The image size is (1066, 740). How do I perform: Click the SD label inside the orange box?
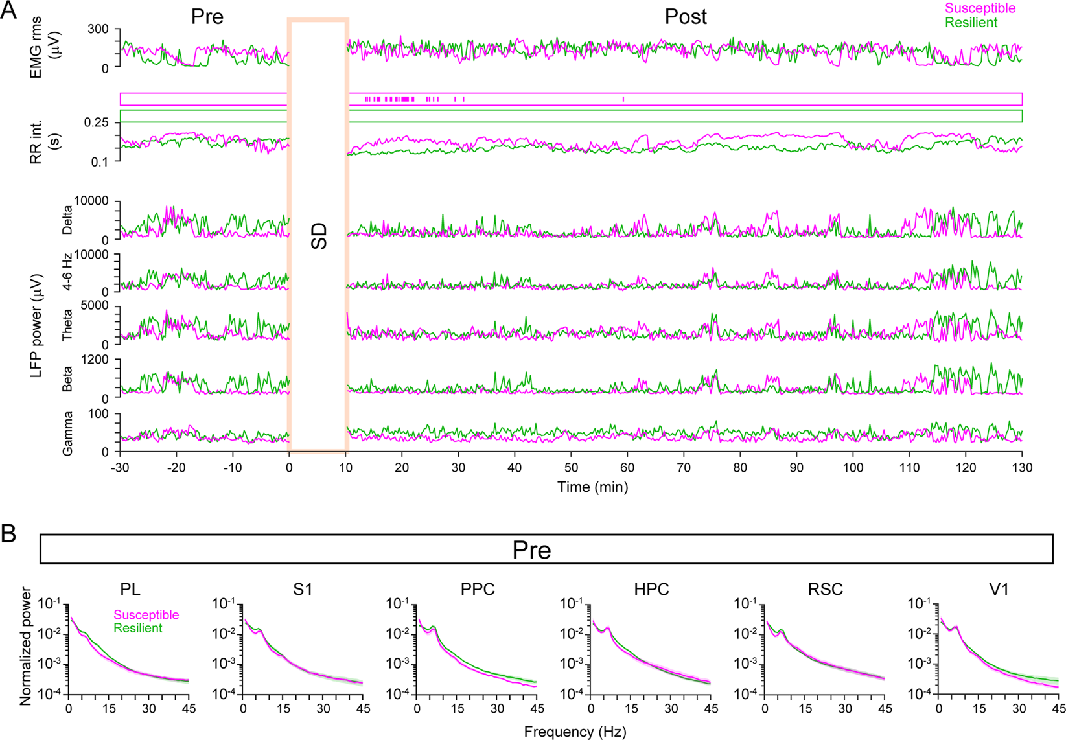click(319, 237)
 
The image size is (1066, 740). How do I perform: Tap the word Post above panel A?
click(686, 17)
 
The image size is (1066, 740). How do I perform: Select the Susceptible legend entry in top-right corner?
click(980, 8)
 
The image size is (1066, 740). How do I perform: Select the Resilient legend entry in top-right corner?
click(971, 23)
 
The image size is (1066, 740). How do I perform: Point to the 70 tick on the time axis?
click(684, 467)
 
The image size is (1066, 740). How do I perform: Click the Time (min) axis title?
click(592, 487)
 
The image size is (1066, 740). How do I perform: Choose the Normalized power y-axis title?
click(25, 646)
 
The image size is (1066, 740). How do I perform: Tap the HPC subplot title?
click(651, 590)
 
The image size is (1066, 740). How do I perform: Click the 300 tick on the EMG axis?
click(99, 30)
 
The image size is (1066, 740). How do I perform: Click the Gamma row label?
click(67, 433)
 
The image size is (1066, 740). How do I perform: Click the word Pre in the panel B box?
click(531, 550)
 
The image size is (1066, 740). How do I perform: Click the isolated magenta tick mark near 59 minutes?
click(623, 99)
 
